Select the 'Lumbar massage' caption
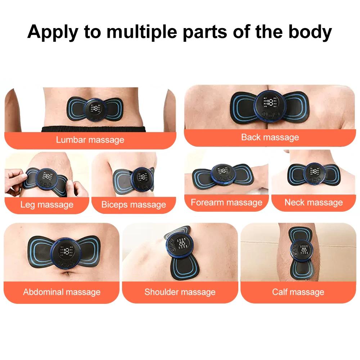coord(90,140)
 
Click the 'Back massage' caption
coord(270,137)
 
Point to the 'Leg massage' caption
coord(47,205)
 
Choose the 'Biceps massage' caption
coord(134,205)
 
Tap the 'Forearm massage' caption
coord(226,202)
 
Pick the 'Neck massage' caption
coord(314,202)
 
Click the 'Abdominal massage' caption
coord(62,292)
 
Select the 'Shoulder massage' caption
coord(180,292)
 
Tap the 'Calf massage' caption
coord(298,292)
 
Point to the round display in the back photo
coord(270,104)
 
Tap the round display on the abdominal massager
coord(66,252)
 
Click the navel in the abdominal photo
coord(67,275)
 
